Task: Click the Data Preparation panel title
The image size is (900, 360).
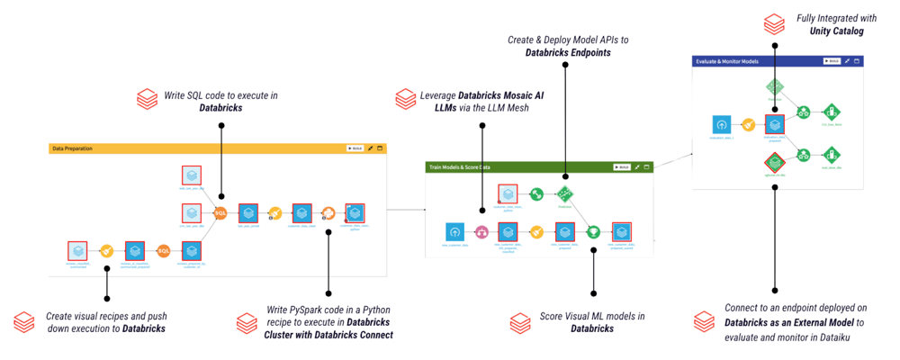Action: pos(73,148)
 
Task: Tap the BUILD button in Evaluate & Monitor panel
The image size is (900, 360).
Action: pos(832,61)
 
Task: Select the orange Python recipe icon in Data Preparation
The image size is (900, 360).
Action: pos(328,213)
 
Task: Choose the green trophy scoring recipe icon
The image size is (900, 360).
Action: pos(593,232)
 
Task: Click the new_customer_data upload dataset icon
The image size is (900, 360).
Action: pos(454,232)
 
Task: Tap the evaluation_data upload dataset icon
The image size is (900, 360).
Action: pos(720,125)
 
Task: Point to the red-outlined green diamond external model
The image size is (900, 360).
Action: pos(775,163)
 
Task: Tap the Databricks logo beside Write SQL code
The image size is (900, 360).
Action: pos(146,97)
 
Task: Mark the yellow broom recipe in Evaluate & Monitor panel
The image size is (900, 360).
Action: pos(747,125)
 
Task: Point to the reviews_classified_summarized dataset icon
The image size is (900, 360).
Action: pos(79,251)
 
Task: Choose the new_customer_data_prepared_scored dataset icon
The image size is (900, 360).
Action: pos(621,232)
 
